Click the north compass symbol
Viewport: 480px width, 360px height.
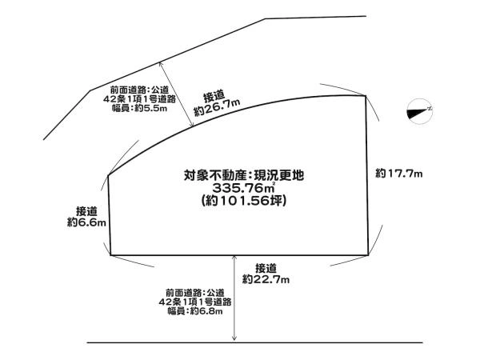point(419,111)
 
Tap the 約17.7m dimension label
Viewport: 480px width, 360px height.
point(399,174)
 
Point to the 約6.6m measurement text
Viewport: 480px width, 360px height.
point(86,222)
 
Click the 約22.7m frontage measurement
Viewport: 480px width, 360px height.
point(266,279)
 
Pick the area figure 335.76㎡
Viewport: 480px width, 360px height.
point(244,187)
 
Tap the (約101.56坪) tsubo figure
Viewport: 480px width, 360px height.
point(244,201)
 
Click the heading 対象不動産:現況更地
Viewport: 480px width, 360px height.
point(244,175)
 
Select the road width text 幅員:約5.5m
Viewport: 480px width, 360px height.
point(139,108)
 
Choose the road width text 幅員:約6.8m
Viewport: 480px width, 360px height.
point(195,311)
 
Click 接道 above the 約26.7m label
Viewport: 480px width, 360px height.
point(214,97)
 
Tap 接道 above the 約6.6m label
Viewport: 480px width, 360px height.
point(86,211)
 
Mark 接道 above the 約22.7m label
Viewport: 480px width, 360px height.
point(266,269)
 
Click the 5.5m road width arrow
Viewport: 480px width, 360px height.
point(176,94)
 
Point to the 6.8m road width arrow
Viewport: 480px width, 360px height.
point(234,298)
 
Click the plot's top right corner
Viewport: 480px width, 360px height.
point(366,96)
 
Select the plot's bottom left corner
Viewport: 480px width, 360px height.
point(110,254)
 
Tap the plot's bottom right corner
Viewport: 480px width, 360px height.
point(368,254)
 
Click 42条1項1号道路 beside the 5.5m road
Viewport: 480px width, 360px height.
point(139,99)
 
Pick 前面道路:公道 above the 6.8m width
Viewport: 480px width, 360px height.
point(195,293)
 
